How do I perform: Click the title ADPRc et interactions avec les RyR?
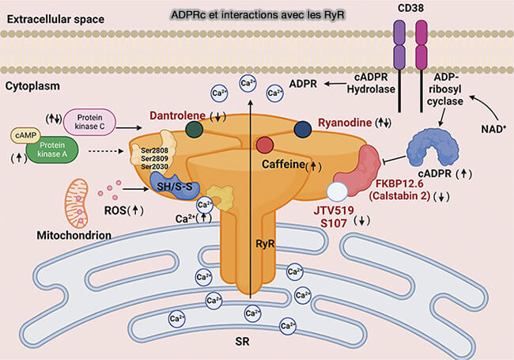(x=257, y=15)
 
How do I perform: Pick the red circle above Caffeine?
(x=266, y=144)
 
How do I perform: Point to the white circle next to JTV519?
(x=338, y=191)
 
